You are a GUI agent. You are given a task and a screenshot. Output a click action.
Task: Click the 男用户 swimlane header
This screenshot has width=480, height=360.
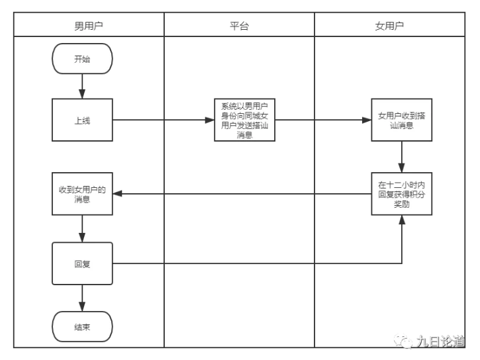click(89, 26)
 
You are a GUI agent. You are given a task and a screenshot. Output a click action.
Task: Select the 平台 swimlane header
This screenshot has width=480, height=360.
click(239, 26)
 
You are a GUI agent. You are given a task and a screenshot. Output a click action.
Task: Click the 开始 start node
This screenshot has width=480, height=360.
click(82, 59)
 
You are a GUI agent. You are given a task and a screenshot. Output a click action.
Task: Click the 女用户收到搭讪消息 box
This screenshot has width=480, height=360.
click(401, 120)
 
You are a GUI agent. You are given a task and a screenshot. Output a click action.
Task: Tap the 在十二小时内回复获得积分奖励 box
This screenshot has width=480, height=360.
click(401, 194)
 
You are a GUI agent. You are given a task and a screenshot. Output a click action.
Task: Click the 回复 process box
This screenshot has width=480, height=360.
click(82, 263)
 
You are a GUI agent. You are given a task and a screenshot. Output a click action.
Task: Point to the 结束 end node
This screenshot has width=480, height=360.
click(82, 326)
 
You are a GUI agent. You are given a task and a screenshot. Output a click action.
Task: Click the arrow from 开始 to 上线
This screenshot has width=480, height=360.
click(82, 87)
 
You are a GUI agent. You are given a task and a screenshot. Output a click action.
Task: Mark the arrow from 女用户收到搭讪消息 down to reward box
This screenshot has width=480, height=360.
click(401, 157)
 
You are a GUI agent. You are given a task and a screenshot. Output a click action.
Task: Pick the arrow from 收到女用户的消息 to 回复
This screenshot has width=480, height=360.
click(82, 229)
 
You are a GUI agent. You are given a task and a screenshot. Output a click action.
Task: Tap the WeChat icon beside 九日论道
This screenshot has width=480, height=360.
click(403, 342)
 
